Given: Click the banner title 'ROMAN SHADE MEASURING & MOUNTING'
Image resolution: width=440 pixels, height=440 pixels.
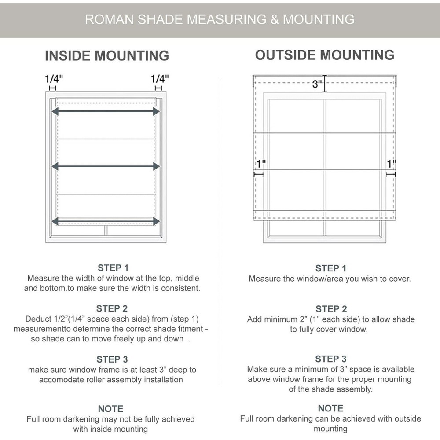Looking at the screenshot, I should (x=220, y=19).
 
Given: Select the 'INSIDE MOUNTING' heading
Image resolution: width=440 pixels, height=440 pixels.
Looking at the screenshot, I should (x=107, y=56).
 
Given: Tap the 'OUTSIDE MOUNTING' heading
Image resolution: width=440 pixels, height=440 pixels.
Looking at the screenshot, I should (x=325, y=55).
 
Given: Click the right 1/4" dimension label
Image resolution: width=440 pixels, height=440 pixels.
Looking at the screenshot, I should (x=160, y=79).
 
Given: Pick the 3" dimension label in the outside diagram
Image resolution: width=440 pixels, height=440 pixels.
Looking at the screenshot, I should (x=317, y=84).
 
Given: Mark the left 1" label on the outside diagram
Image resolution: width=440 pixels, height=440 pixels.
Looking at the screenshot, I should (x=261, y=164).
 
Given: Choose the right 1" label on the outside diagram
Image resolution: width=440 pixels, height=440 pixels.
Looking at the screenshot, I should (x=391, y=164).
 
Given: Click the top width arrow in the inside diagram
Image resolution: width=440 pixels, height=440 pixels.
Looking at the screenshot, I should (x=106, y=112).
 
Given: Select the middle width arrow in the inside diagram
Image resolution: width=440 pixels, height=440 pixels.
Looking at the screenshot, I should (x=106, y=166).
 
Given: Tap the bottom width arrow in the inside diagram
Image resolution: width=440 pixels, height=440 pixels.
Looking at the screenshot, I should (x=106, y=221).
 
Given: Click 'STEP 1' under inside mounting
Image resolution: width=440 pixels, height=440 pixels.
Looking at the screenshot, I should (x=113, y=268).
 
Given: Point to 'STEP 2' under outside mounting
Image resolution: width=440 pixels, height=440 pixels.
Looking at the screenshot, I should (x=331, y=309).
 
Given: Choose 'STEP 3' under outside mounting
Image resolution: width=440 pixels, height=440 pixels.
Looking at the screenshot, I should (x=331, y=359).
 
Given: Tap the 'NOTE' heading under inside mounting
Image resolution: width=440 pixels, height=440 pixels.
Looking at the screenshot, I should (x=110, y=409).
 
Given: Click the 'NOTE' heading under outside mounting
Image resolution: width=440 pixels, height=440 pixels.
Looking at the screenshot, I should (x=330, y=408).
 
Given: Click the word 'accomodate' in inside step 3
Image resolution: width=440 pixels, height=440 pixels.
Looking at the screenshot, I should (x=60, y=380).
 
